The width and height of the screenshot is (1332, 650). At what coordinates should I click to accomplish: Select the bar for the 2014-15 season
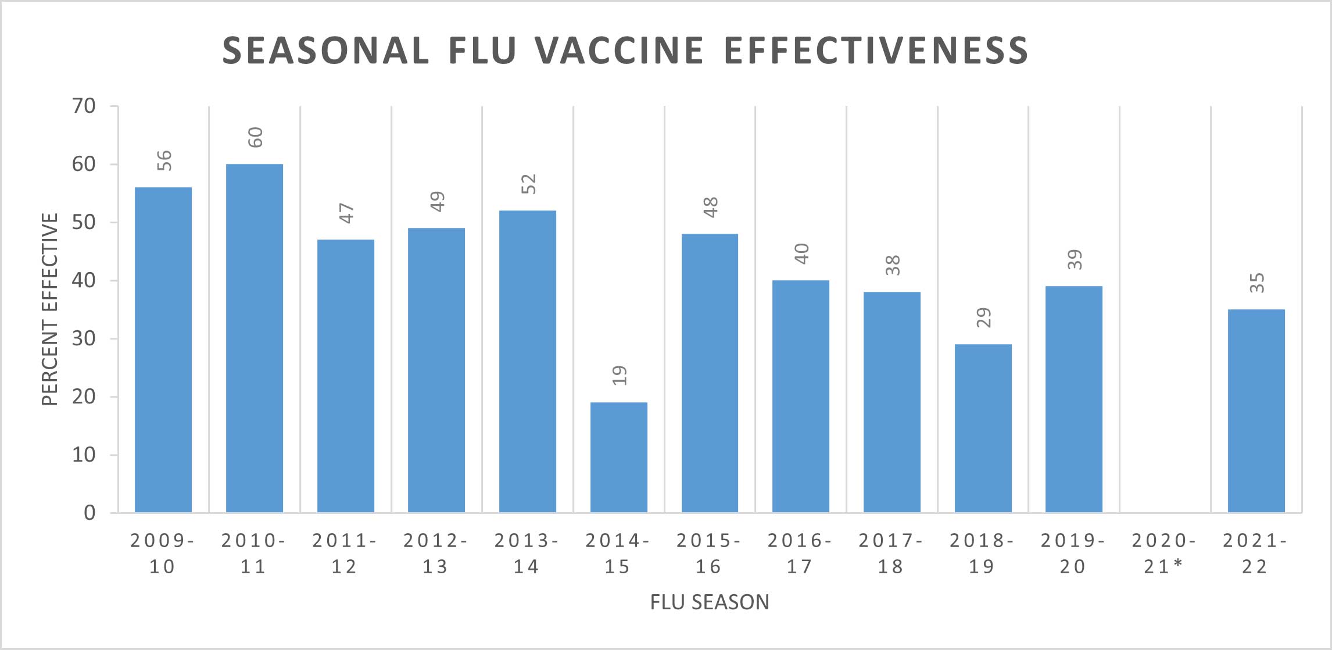click(x=618, y=457)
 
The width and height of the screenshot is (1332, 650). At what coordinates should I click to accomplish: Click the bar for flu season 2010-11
click(x=254, y=338)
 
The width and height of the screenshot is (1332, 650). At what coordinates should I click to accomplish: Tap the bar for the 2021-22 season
click(x=1256, y=410)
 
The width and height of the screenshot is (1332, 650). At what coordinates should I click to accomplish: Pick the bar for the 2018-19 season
click(x=983, y=428)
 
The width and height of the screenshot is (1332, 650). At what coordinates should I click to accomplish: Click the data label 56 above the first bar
click(x=165, y=160)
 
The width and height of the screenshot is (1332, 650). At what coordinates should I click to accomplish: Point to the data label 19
click(x=620, y=376)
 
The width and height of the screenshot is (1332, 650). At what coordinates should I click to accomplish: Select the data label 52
click(x=529, y=184)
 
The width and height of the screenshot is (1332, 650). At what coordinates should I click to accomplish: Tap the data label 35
click(x=1257, y=283)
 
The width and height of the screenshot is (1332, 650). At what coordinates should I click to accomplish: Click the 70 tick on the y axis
click(x=84, y=106)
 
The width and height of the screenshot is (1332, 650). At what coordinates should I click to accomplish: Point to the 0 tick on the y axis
click(x=89, y=513)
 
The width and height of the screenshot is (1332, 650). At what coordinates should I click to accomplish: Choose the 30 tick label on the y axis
click(x=84, y=338)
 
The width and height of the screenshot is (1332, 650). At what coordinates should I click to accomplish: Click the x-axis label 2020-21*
click(x=1164, y=553)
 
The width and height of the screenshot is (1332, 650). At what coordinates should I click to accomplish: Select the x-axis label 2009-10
click(x=162, y=553)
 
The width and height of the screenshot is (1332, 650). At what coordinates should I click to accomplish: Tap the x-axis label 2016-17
click(x=800, y=553)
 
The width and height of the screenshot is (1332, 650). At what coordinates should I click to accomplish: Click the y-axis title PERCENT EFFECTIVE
click(x=50, y=309)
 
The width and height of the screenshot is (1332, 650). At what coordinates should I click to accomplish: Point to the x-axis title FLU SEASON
click(x=709, y=602)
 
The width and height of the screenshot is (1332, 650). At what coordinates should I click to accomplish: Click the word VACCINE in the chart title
click(x=619, y=51)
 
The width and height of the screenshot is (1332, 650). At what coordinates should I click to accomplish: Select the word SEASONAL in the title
click(x=325, y=51)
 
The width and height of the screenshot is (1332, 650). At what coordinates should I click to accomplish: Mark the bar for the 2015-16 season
click(x=710, y=373)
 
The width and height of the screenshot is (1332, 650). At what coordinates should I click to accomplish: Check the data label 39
click(x=1075, y=259)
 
